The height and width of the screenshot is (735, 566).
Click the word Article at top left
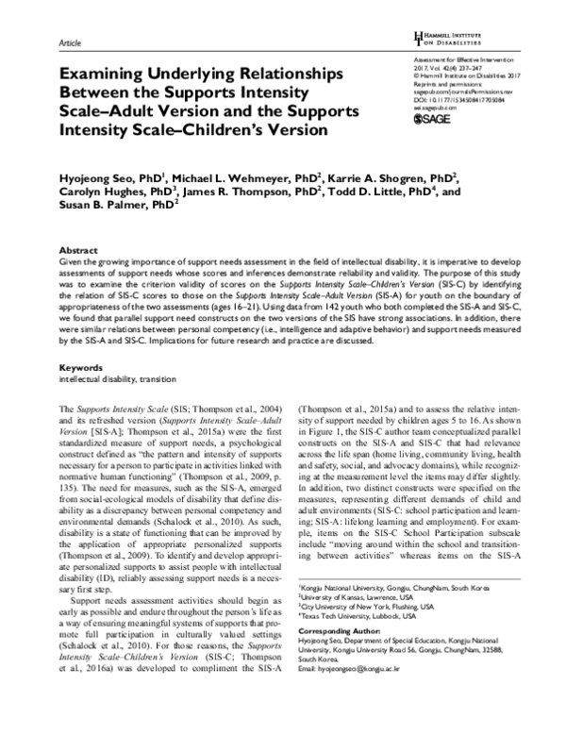click(x=71, y=43)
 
